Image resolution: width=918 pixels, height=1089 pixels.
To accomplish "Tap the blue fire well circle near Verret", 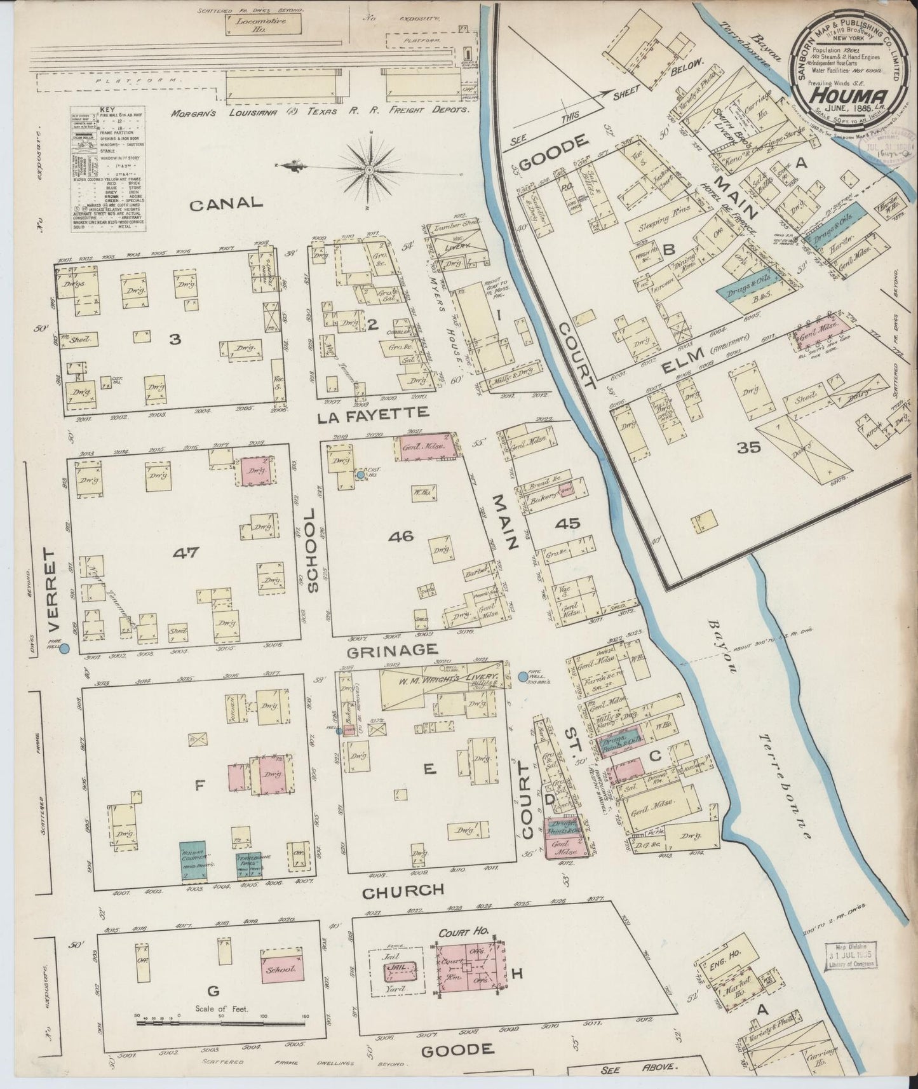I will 64,649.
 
